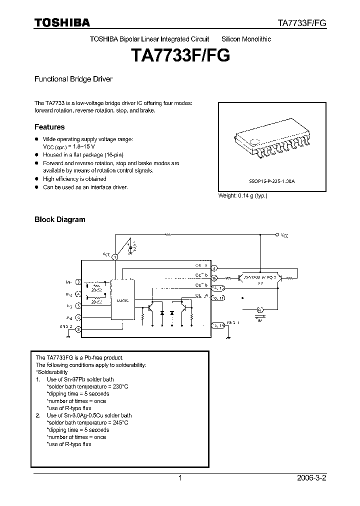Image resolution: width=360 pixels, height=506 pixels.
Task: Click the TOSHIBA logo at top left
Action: pos(62,22)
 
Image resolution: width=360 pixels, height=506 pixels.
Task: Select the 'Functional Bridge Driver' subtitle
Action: pos(73,79)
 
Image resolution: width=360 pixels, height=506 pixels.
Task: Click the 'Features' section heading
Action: pos(49,127)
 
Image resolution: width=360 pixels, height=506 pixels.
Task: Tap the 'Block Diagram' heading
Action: pos(59,219)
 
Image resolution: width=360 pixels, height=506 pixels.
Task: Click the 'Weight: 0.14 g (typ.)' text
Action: pos(242,195)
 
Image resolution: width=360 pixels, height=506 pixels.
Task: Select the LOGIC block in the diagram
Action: pos(123,300)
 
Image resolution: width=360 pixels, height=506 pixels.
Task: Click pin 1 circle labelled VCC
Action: pos(114,256)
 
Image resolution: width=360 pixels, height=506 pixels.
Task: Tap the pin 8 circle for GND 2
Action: pos(78,328)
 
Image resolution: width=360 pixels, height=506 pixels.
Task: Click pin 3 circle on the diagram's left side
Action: pos(77,282)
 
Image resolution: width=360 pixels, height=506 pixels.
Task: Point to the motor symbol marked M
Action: pos(259,310)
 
